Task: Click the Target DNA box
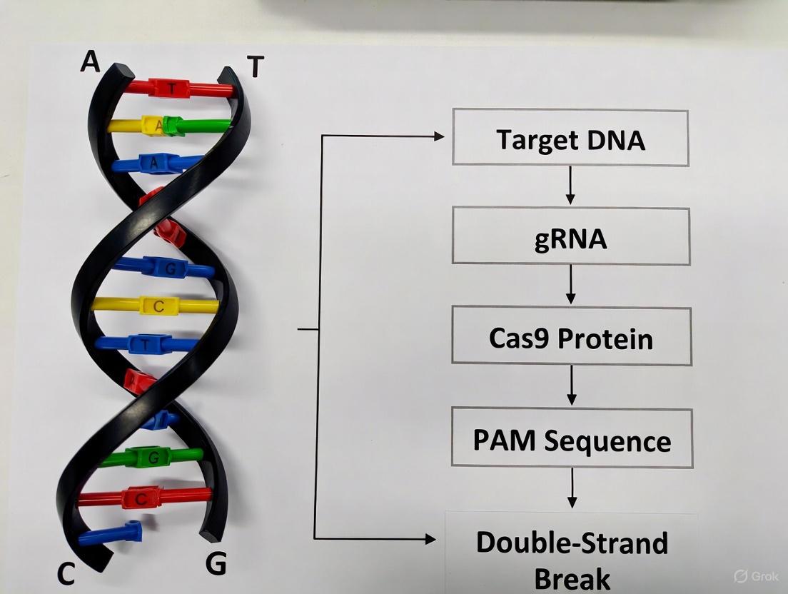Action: pyautogui.click(x=570, y=138)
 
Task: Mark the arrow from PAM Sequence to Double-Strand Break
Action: pyautogui.click(x=571, y=489)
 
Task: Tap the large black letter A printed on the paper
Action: pyautogui.click(x=90, y=61)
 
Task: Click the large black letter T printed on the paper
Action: pyautogui.click(x=255, y=67)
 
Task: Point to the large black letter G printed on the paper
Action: pyautogui.click(x=216, y=564)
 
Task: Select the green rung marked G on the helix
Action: pyautogui.click(x=151, y=455)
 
